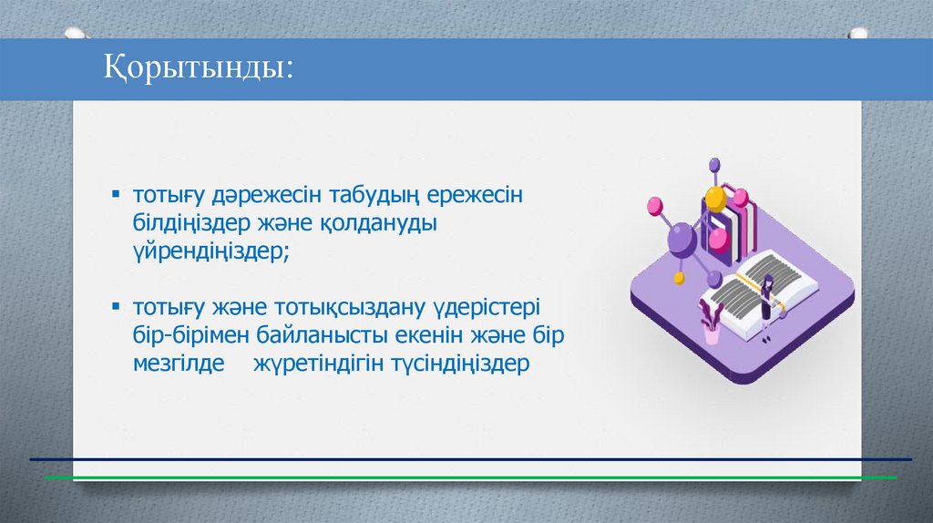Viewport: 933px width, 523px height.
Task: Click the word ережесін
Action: (x=475, y=196)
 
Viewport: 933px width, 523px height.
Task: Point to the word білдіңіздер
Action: (x=191, y=223)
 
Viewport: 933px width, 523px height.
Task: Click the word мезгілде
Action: (x=179, y=364)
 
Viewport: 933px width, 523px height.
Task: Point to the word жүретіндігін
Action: (x=318, y=364)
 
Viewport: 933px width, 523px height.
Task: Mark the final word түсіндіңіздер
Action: (x=460, y=364)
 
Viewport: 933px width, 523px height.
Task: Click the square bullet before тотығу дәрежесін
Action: (x=116, y=194)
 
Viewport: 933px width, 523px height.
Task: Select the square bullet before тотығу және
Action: (x=116, y=307)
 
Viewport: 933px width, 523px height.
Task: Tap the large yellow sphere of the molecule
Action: (x=716, y=198)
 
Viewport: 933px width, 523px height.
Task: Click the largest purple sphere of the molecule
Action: (x=682, y=239)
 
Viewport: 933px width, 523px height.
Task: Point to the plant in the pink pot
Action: (x=711, y=322)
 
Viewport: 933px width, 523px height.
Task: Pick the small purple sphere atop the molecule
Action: (x=714, y=164)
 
